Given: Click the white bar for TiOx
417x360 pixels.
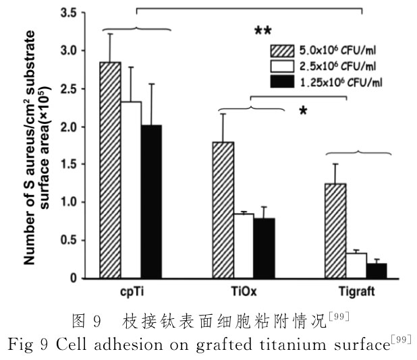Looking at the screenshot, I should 244,245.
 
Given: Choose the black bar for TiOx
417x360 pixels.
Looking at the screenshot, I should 265,248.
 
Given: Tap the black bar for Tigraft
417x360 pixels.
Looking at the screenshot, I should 377,270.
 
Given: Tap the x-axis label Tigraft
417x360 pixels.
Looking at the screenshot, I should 355,291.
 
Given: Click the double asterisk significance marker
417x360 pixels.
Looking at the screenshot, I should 262,32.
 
